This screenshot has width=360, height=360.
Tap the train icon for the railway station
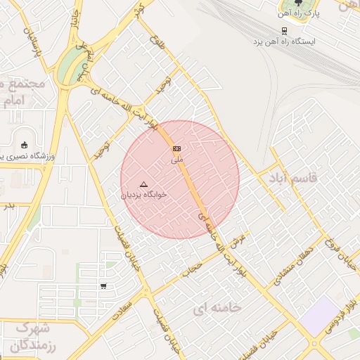tap(284, 31)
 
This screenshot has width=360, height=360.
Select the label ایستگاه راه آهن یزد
tap(285, 41)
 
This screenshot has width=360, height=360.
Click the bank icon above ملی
tap(176, 148)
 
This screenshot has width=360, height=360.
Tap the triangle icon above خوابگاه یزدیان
tap(144, 184)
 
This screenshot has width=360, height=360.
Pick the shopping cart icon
tap(104, 286)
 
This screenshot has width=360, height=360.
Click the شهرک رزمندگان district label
tap(33, 336)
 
